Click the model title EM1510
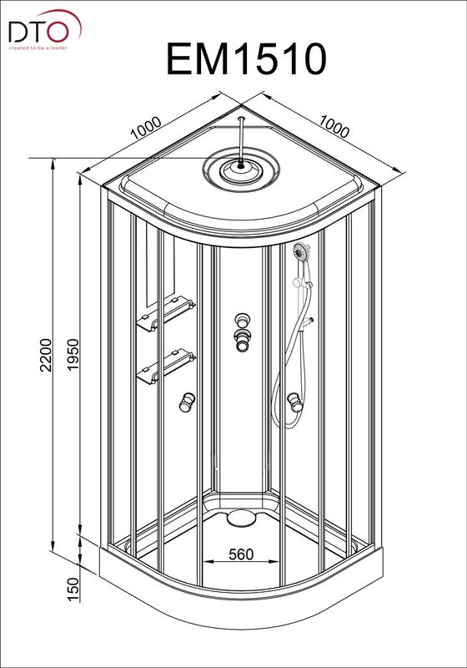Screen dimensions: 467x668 pyautogui.click(x=246, y=59)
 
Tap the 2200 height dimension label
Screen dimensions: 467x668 pyautogui.click(x=45, y=356)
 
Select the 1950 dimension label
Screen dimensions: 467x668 pyautogui.click(x=73, y=354)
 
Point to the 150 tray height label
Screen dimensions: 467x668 pyautogui.click(x=73, y=590)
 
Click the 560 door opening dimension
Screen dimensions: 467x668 pyautogui.click(x=241, y=554)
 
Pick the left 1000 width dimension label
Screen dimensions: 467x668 pyautogui.click(x=146, y=128)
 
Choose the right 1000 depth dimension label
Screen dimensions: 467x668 pyautogui.click(x=334, y=126)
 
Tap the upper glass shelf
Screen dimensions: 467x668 pyautogui.click(x=166, y=315)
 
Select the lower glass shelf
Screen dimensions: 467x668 pyautogui.click(x=166, y=367)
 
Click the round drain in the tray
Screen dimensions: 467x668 pyautogui.click(x=241, y=518)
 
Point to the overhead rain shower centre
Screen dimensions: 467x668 pyautogui.click(x=241, y=166)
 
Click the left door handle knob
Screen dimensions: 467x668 pyautogui.click(x=187, y=402)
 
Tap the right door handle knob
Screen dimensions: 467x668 pyautogui.click(x=294, y=402)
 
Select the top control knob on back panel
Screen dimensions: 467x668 pyautogui.click(x=242, y=320)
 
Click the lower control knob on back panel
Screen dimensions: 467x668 pyautogui.click(x=242, y=341)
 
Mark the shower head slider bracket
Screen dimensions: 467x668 pyautogui.click(x=302, y=283)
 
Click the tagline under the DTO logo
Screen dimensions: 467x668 pyautogui.click(x=38, y=48)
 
